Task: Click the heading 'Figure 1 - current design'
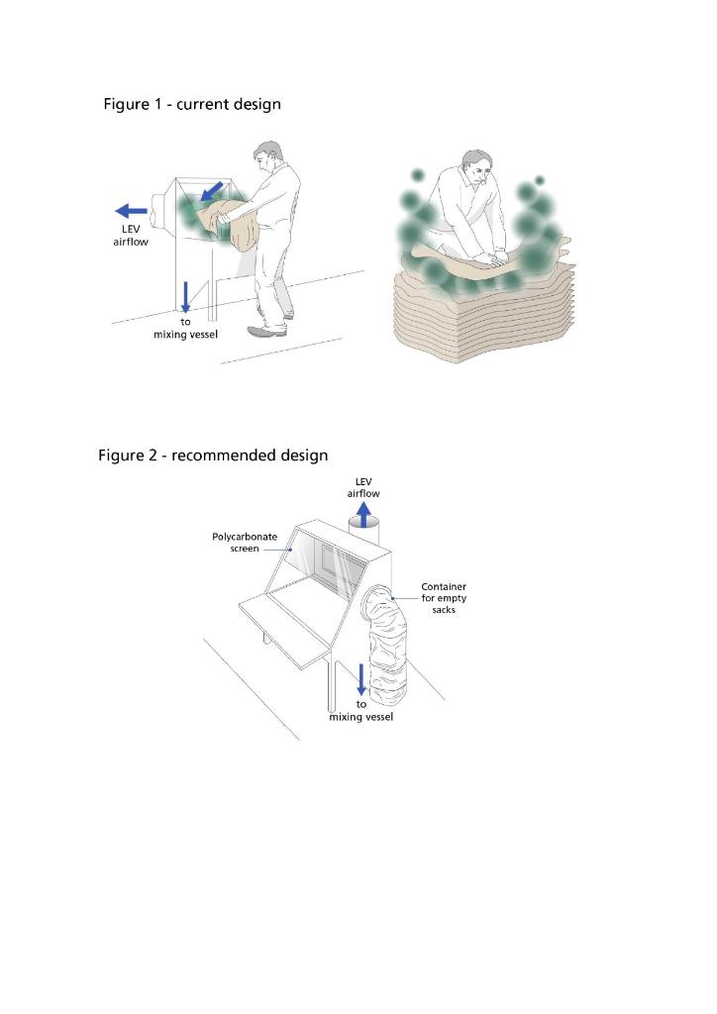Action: [192, 104]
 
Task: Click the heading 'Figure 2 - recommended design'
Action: [213, 456]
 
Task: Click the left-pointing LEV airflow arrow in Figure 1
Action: [131, 210]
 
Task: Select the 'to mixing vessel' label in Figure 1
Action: [185, 329]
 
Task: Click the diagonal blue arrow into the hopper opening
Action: [211, 189]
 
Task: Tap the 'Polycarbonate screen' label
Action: [245, 542]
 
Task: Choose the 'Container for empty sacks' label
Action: [444, 598]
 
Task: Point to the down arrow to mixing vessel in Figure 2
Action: [361, 679]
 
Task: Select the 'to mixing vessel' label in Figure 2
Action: [361, 711]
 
